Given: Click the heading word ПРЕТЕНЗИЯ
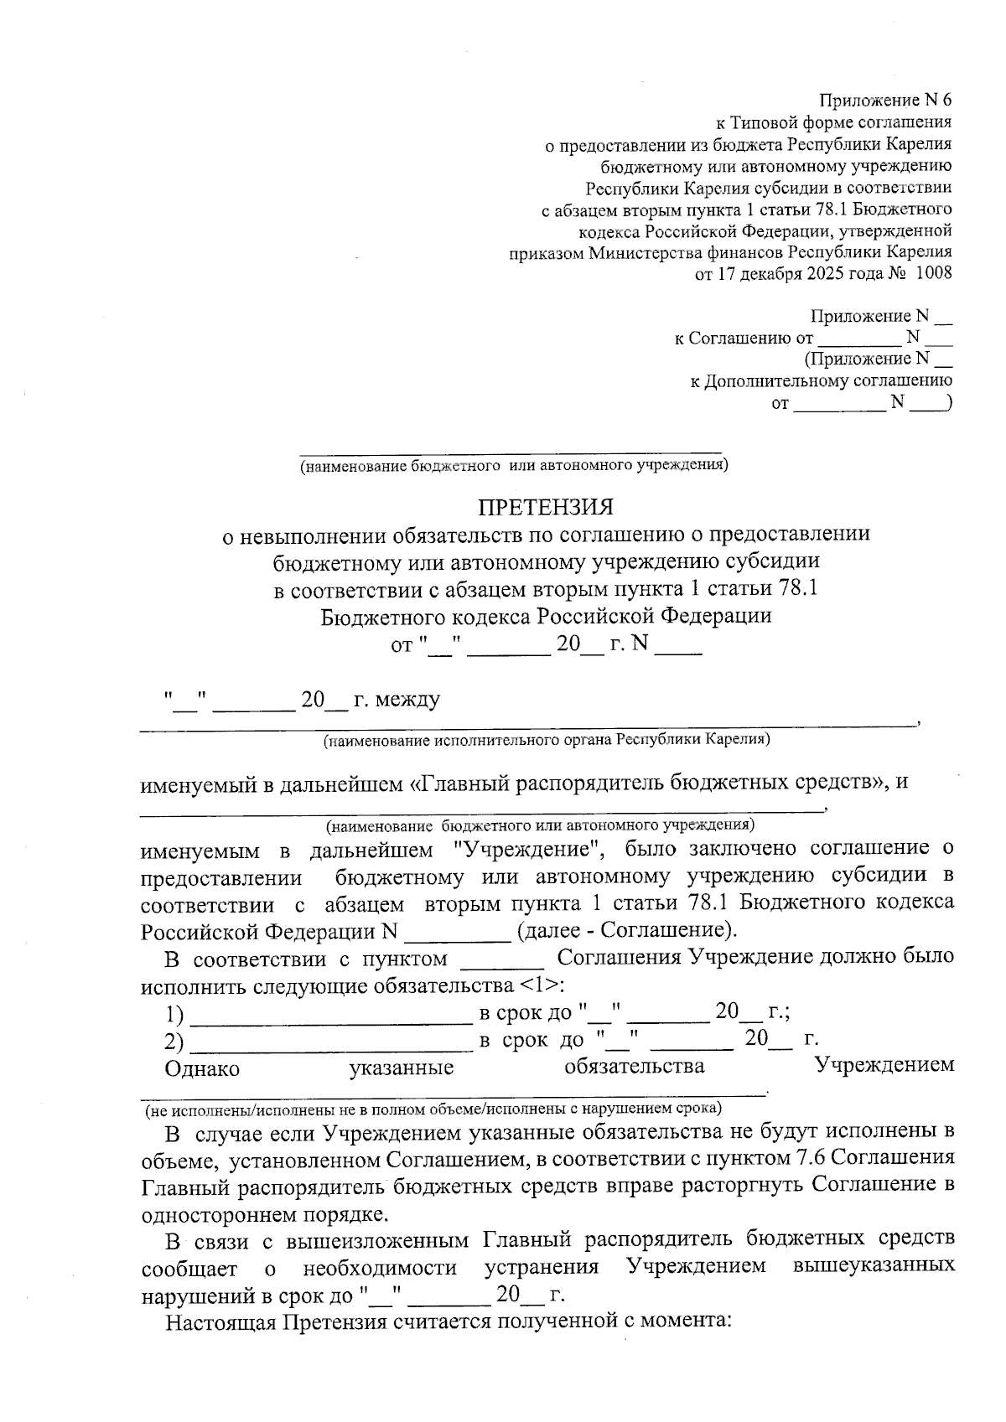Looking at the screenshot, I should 546,508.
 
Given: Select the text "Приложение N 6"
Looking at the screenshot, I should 885,100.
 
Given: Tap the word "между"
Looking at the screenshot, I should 409,699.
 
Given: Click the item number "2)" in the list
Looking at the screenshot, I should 174,1041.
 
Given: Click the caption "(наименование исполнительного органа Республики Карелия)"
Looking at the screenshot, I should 547,741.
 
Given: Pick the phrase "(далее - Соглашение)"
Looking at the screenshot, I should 628,930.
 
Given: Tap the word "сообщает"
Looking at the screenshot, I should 189,1268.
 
